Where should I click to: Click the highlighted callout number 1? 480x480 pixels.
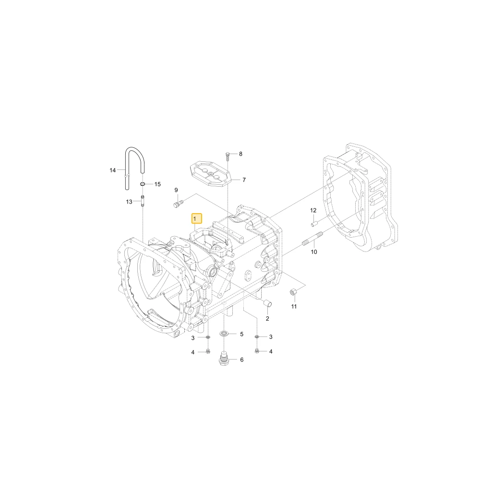coord(196,219)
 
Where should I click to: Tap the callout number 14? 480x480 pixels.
coord(113,170)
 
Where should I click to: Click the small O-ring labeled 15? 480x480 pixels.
coord(143,184)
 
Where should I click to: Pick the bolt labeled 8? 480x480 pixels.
coord(228,156)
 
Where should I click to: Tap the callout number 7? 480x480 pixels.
coord(244,180)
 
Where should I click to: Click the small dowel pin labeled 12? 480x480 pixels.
coord(314,224)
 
